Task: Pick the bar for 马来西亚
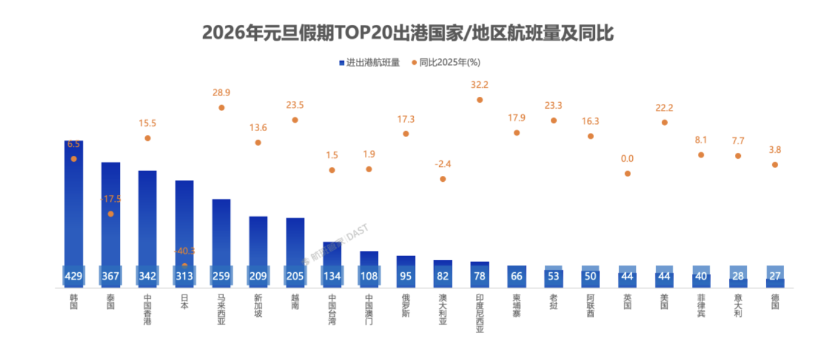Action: point(221,236)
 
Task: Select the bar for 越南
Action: point(295,245)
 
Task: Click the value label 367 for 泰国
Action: point(110,276)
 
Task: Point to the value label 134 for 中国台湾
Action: point(332,276)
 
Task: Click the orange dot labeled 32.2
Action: point(479,100)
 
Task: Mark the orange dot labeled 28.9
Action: point(221,107)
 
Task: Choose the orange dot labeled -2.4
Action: point(443,179)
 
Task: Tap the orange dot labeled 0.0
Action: point(628,174)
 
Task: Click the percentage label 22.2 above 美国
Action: point(664,107)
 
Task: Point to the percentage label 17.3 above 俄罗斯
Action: point(406,119)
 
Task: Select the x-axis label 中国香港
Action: point(148,310)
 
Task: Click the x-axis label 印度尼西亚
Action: point(479,313)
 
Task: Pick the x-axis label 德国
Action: point(775,302)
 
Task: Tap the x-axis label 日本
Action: point(184,302)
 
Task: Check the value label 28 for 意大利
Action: point(738,276)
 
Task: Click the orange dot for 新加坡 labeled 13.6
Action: point(258,142)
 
